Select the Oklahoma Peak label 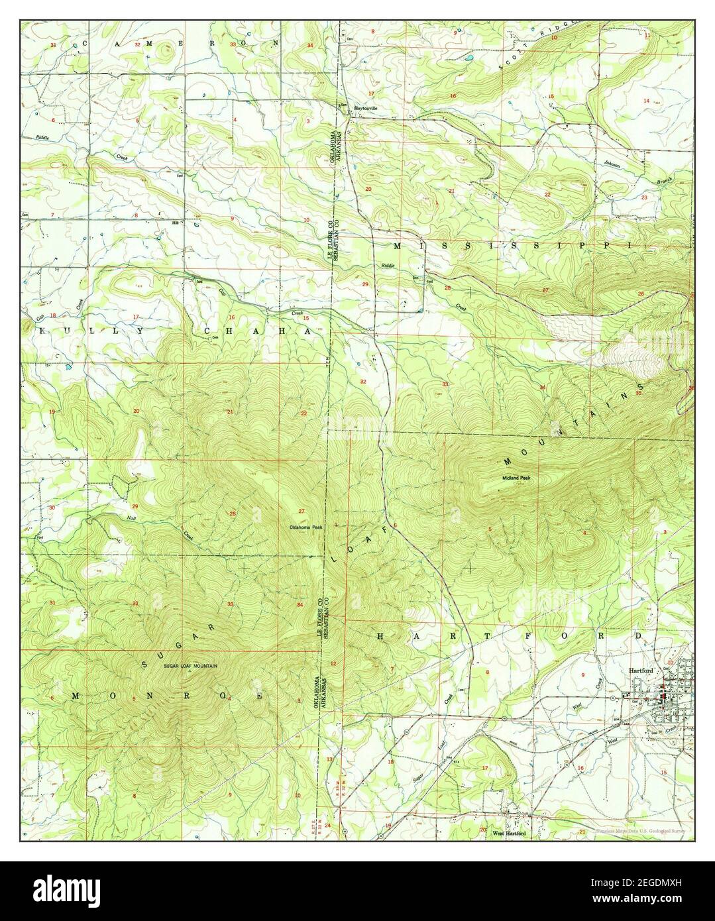pos(305,527)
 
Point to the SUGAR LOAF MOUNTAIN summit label pos(190,666)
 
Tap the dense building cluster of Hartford pos(665,697)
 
